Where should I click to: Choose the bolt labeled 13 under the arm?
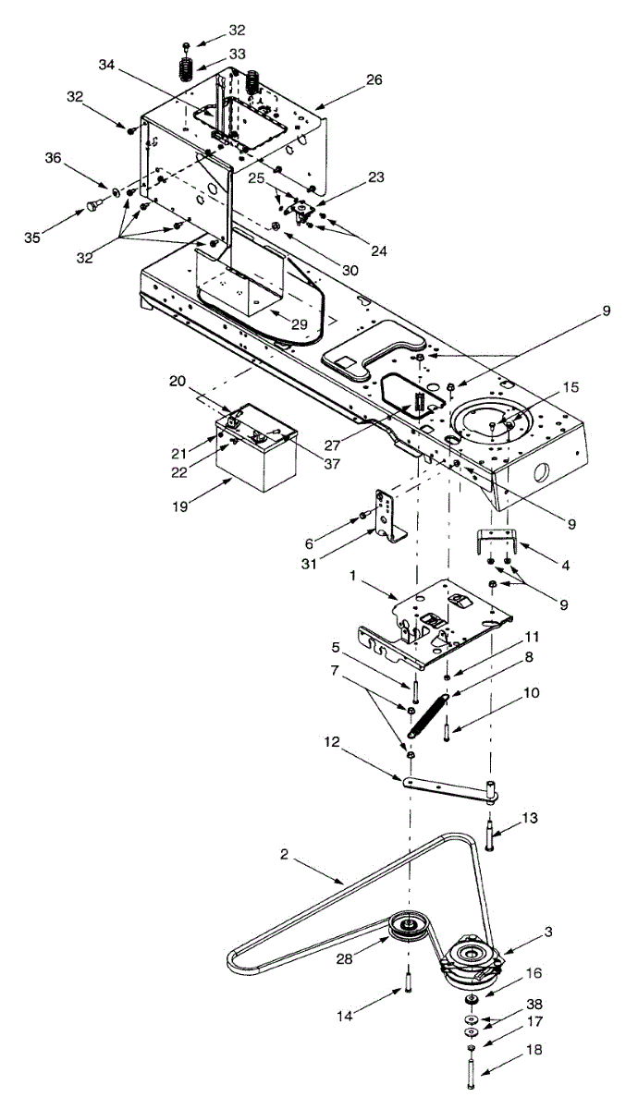[x=489, y=837]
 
